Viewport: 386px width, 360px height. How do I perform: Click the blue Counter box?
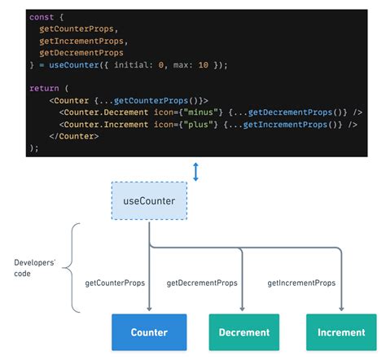pyautogui.click(x=149, y=332)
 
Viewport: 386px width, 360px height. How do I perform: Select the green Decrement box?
pyautogui.click(x=244, y=332)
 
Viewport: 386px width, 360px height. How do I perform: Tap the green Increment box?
pyautogui.click(x=341, y=332)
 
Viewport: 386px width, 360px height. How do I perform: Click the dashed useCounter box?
pyautogui.click(x=149, y=200)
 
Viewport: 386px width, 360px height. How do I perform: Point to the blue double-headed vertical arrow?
pyautogui.click(x=195, y=171)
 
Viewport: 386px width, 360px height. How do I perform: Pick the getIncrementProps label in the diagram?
pyautogui.click(x=301, y=283)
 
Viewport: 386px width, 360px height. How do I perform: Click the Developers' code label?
pyautogui.click(x=33, y=269)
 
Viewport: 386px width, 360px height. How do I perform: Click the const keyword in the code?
pyautogui.click(x=42, y=17)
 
